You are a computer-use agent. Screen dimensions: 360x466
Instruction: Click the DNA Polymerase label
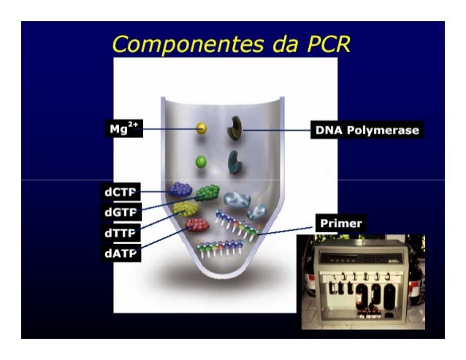[366, 130]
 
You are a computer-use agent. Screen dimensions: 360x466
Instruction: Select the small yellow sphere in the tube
[201, 129]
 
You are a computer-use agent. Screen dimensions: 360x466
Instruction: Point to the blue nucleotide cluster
[180, 190]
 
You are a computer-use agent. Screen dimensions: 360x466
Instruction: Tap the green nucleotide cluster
[207, 192]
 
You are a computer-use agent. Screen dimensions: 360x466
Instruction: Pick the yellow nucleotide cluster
[186, 209]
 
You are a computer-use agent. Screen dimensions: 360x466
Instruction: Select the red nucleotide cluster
[196, 225]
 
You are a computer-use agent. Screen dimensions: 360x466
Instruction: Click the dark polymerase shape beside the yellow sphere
[235, 128]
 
